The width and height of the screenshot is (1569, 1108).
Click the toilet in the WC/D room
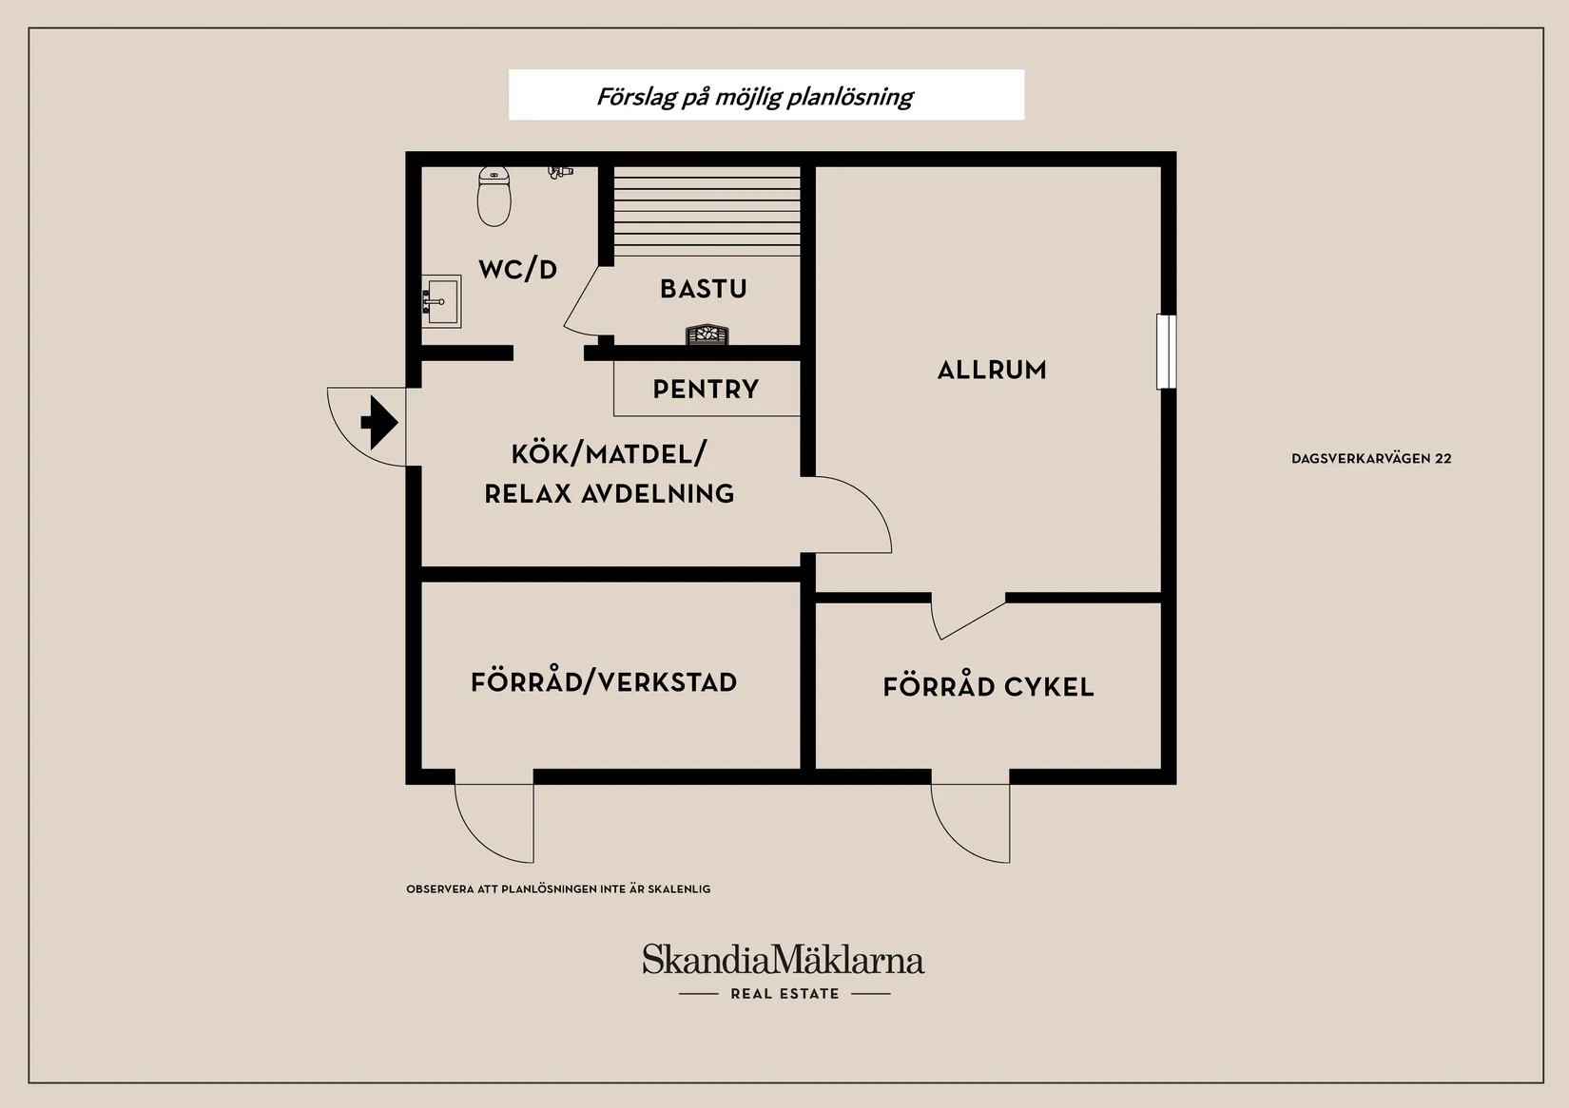click(494, 197)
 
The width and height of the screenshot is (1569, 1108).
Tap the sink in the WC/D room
click(442, 301)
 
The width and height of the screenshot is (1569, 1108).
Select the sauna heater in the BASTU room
click(707, 334)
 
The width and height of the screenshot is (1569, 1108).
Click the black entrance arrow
click(379, 422)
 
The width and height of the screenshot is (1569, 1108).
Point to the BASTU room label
click(704, 289)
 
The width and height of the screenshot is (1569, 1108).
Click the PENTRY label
click(706, 389)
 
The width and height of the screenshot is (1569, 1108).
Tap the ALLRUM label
click(992, 370)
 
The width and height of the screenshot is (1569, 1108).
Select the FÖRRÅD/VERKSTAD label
click(604, 682)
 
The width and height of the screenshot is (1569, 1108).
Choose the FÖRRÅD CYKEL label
click(988, 687)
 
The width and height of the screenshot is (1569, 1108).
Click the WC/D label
click(517, 270)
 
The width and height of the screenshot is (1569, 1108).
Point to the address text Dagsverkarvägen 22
click(1371, 459)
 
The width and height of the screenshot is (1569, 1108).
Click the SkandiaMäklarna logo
click(783, 960)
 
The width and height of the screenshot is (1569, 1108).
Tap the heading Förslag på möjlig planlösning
click(755, 96)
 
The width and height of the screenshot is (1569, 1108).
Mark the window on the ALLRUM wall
click(1166, 352)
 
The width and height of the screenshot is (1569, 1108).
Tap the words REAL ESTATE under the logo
click(784, 994)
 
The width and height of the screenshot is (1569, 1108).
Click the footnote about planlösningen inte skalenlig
click(558, 889)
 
